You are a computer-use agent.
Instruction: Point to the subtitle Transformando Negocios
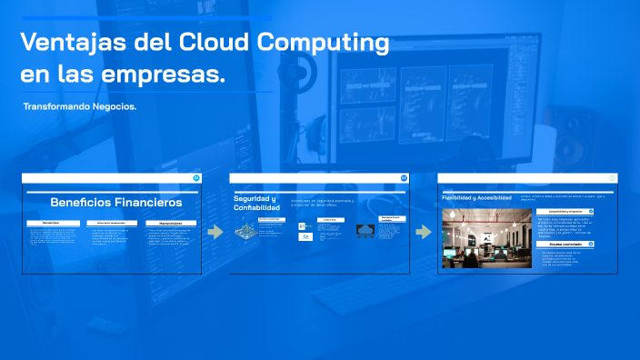(80, 106)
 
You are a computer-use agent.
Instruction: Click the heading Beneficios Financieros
(116, 202)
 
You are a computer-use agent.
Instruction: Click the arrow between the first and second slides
(215, 232)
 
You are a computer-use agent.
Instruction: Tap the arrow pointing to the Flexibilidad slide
(423, 232)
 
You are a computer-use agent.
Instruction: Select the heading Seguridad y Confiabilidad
(256, 203)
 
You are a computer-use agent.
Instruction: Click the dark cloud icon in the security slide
(365, 231)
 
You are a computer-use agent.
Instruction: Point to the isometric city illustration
(245, 231)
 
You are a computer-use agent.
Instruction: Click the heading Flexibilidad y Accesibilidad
(476, 196)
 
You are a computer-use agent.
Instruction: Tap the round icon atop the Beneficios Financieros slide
(196, 178)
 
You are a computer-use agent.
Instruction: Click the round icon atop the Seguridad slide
(404, 178)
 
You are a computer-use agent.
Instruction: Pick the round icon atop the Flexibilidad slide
(612, 178)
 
